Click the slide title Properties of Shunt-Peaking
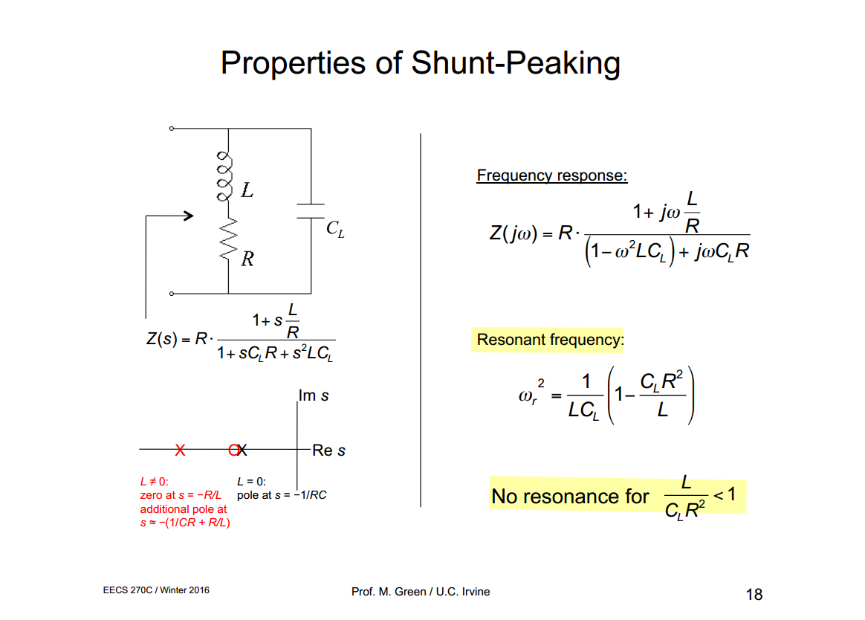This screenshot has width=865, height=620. coord(421,63)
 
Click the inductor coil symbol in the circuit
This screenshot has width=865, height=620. coord(224,176)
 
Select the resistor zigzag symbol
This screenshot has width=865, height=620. coord(228,239)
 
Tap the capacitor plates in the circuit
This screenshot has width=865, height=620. coord(311,211)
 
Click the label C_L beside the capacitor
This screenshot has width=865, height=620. coord(335,228)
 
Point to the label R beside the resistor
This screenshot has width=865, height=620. coord(247,259)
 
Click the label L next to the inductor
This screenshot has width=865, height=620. coord(247,190)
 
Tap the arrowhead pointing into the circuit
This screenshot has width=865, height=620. coord(189,216)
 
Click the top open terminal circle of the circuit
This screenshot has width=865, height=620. coord(172,129)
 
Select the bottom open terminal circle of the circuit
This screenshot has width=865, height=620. coord(172,294)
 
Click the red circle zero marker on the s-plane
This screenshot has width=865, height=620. coord(233,450)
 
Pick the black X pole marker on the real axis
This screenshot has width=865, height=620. coord(241,450)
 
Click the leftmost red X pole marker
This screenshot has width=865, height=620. coord(180,450)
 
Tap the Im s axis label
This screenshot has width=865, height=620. coord(314,395)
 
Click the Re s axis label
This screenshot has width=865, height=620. coord(328,451)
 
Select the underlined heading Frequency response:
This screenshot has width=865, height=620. coord(551,175)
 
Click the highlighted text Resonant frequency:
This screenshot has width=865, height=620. coord(550,340)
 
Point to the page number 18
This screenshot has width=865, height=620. coord(754,594)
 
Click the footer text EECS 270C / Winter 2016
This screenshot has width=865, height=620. coord(156,590)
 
